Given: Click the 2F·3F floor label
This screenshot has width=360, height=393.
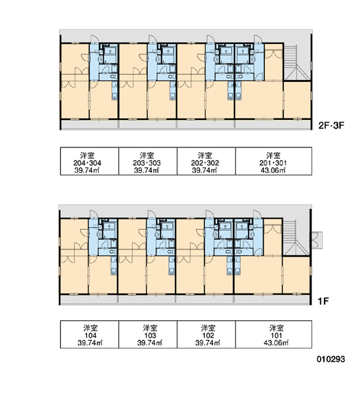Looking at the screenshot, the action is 331,125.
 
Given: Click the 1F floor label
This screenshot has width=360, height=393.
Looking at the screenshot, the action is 323,301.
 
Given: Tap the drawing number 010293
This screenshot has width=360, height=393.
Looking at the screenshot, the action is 331,359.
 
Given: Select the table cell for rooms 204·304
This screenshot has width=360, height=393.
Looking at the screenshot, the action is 90,161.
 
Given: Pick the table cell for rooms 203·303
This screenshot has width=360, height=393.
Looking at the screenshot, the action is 148,161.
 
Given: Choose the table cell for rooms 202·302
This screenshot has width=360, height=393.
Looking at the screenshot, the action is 206,161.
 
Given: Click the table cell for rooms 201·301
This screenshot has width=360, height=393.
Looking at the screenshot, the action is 274,161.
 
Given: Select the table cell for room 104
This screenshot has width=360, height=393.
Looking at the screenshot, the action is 90,334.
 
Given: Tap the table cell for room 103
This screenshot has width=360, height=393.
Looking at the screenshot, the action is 148,334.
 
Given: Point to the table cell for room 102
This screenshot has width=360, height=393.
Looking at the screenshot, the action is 206,334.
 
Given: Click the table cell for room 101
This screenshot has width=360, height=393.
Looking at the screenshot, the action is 274,334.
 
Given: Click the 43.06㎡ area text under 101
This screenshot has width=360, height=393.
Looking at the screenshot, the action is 276,343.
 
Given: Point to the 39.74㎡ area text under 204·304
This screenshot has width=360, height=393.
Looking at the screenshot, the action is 87,170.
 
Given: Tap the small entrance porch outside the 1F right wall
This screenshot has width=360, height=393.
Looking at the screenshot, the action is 316,240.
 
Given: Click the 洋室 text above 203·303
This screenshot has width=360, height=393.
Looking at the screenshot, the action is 147,155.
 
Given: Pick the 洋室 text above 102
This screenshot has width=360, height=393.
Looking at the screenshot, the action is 208,328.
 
